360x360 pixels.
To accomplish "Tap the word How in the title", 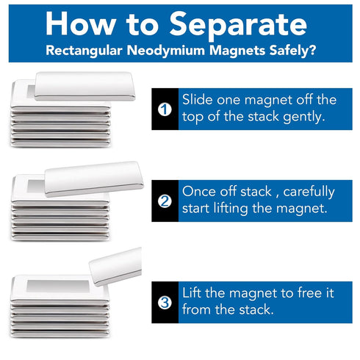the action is pyautogui.click(x=80, y=24).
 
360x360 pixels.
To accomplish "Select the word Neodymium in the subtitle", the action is pyautogui.click(x=166, y=51).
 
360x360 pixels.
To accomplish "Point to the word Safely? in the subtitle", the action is pyautogui.click(x=292, y=51).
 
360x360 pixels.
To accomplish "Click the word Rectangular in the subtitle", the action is pyautogui.click(x=84, y=51).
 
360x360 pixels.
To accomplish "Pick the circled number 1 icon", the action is pyautogui.click(x=165, y=109).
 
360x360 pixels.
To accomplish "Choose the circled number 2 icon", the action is pyautogui.click(x=165, y=201).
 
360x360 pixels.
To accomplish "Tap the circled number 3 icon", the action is pyautogui.click(x=165, y=303).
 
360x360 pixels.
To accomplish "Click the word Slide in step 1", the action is pyautogui.click(x=197, y=100).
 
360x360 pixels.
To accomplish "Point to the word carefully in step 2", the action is pyautogui.click(x=309, y=192).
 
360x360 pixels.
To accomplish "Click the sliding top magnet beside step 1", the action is pyautogui.click(x=85, y=86).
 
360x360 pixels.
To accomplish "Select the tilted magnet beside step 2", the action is pyautogui.click(x=94, y=179).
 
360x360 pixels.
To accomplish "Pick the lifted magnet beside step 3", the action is pyautogui.click(x=115, y=267).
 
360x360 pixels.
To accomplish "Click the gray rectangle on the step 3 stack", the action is pyautogui.click(x=58, y=286).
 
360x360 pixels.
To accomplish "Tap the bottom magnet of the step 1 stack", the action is pyautogui.click(x=60, y=143).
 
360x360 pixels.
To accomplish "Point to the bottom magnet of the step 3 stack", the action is pyautogui.click(x=60, y=334).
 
